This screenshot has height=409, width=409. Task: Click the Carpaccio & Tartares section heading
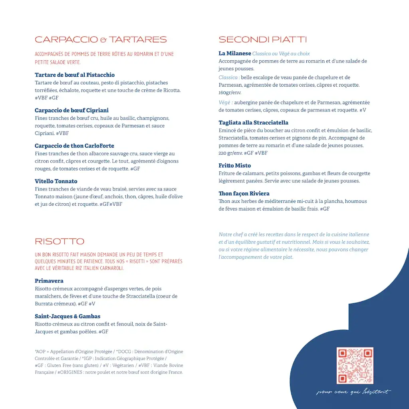pos(101,40)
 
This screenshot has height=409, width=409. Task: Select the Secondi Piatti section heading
pos(262,40)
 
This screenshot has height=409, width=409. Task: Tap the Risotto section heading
pos(60,241)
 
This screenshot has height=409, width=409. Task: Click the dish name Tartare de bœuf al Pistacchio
pos(75,75)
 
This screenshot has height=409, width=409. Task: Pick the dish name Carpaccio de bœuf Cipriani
pos(71,110)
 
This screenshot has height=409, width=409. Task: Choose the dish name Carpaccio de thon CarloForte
pos(74,146)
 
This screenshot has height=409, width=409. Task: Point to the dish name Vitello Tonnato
pos(56,181)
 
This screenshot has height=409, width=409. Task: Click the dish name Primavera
pos(49,281)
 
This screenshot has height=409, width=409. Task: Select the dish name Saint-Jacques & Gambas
pos(68,316)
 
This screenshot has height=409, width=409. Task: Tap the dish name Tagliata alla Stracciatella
pos(253,123)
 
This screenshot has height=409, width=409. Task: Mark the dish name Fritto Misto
pos(235,165)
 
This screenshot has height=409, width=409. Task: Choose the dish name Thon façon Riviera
pos(244,194)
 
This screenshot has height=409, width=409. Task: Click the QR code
pos(355,365)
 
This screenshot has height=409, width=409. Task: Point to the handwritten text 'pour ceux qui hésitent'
pos(353,392)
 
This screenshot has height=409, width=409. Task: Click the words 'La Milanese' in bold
pos(235,54)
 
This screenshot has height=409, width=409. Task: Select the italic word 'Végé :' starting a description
pos(226,103)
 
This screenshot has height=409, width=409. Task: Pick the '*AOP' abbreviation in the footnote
pos(40,352)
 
